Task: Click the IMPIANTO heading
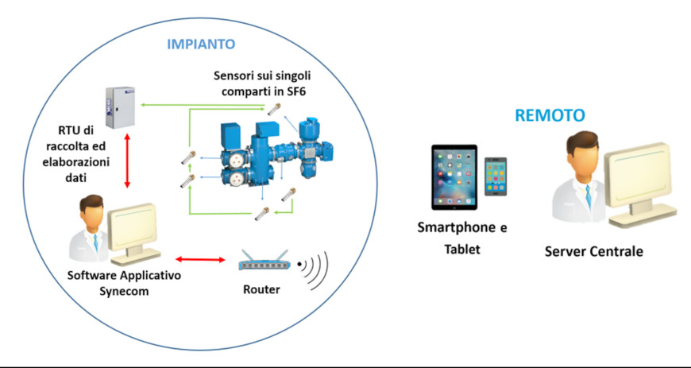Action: pyautogui.click(x=201, y=45)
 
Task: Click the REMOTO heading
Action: pyautogui.click(x=550, y=114)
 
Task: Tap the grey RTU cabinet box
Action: pyautogui.click(x=120, y=107)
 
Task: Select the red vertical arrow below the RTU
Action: pyautogui.click(x=127, y=161)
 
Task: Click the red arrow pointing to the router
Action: pyautogui.click(x=200, y=260)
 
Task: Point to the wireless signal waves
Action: pyautogui.click(x=315, y=270)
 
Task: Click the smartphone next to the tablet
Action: pyautogui.click(x=496, y=176)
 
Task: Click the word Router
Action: pyautogui.click(x=261, y=290)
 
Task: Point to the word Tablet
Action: pyautogui.click(x=461, y=250)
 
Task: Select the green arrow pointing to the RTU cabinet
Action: pyautogui.click(x=203, y=105)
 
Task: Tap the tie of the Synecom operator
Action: pyautogui.click(x=96, y=242)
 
